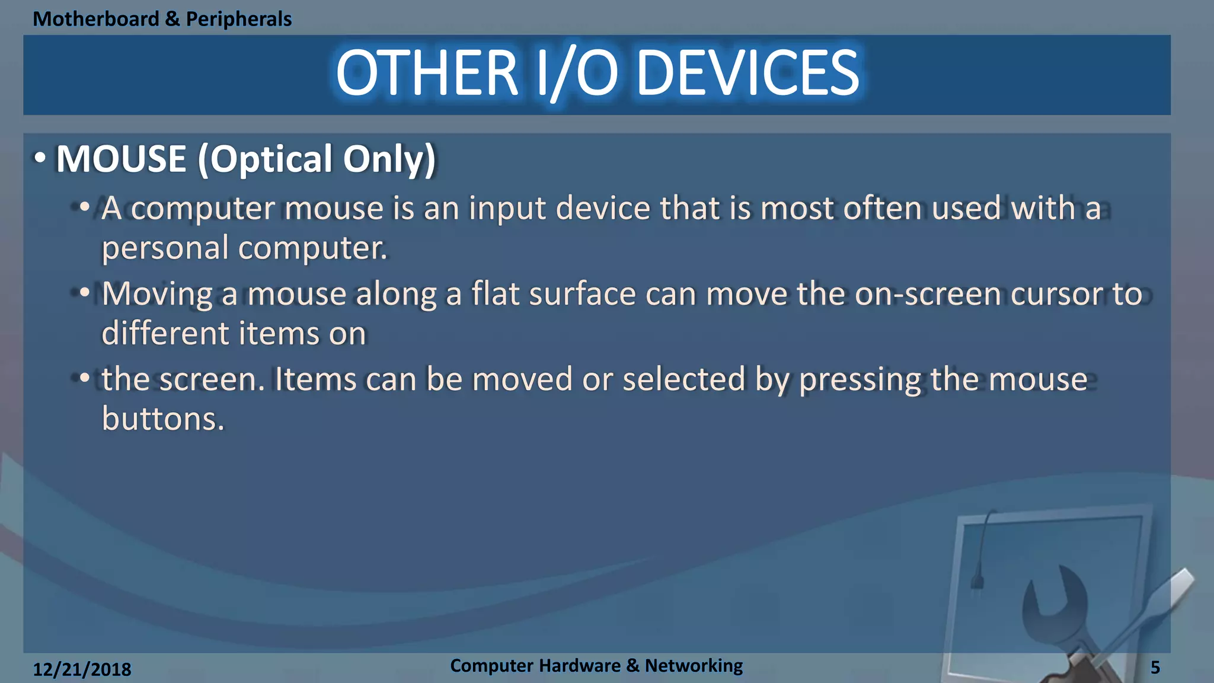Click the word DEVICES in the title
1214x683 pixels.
tap(747, 74)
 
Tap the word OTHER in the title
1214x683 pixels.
tap(427, 74)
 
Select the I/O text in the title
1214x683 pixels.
tap(577, 74)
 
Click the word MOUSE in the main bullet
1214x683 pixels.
tap(122, 159)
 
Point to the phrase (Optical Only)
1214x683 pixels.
tap(317, 159)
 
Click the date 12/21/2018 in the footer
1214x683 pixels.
tap(82, 669)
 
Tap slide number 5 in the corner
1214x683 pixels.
tap(1155, 668)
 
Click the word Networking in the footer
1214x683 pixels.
tap(694, 666)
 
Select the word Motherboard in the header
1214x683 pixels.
tap(96, 19)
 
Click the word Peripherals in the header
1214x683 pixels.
tap(239, 19)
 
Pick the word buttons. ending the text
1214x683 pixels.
tap(163, 419)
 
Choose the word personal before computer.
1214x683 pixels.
tap(165, 248)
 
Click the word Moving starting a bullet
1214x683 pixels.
tap(157, 293)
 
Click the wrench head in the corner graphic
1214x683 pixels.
tap(1056, 599)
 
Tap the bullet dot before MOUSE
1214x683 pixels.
tap(40, 158)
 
